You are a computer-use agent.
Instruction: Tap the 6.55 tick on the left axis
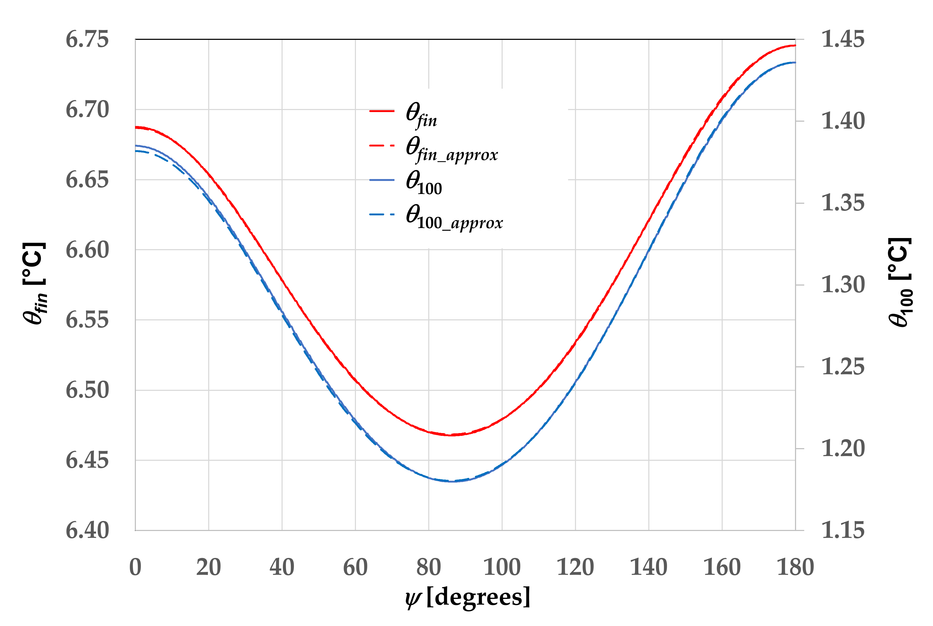(87, 320)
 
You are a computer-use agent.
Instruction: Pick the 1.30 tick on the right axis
(842, 285)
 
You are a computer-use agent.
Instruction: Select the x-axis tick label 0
(135, 567)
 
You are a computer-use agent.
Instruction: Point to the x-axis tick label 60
(355, 567)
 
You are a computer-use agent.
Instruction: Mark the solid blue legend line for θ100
(382, 180)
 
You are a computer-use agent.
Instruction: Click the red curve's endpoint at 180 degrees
(794, 45)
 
